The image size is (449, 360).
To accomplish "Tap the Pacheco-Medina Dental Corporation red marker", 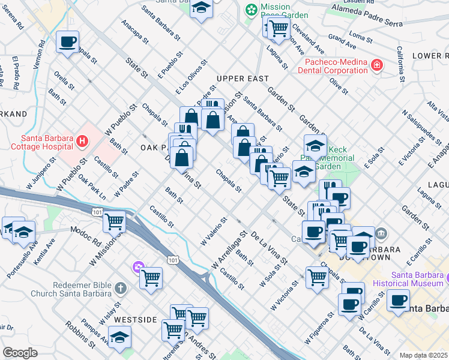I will click(x=376, y=65).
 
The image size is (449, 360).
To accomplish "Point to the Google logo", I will click(x=19, y=353).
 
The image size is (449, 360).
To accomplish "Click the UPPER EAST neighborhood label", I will click(x=243, y=79).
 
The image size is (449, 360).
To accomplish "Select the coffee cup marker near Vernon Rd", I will click(x=68, y=42).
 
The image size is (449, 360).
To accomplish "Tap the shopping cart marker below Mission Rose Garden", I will click(x=277, y=26).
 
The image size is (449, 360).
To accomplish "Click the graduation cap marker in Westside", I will click(x=119, y=337).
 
